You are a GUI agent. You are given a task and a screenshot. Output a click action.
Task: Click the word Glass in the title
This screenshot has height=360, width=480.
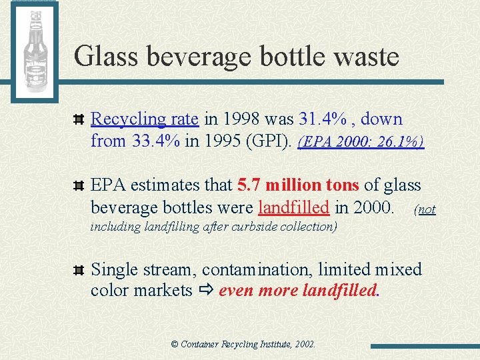107,56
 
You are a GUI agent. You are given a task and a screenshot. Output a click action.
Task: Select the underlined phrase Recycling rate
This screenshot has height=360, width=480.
144,119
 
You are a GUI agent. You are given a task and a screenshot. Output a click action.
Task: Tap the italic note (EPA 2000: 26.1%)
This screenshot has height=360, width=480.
361,142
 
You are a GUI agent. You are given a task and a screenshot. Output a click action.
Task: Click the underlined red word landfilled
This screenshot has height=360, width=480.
293,207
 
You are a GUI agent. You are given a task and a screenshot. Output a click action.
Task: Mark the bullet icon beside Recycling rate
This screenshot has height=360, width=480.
78,120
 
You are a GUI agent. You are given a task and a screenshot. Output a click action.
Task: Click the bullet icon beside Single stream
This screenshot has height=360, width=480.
78,270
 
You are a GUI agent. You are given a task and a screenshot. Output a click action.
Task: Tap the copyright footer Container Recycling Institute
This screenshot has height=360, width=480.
243,345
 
